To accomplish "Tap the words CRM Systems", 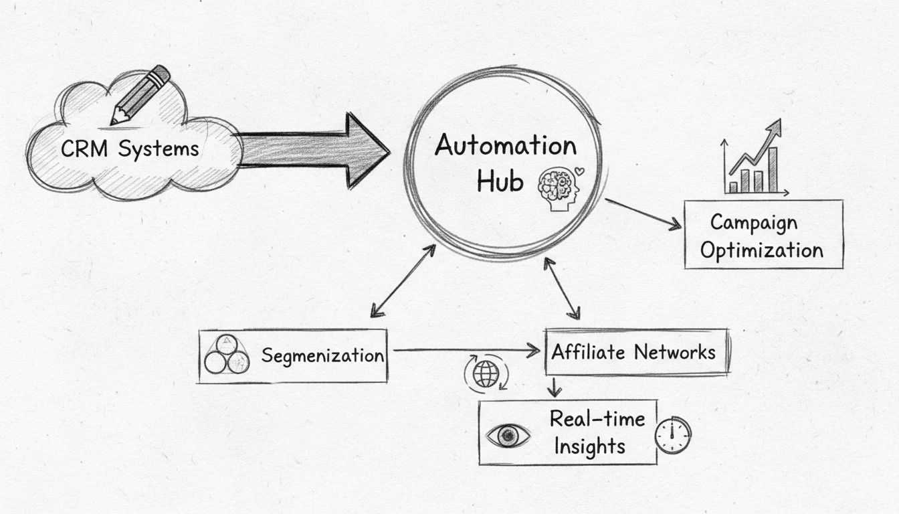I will tap(130, 149).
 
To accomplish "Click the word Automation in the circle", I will tap(505, 146).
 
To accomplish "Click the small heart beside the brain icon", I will tap(579, 171).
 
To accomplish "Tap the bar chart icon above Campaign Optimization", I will tap(755, 161).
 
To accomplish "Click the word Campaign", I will tap(753, 222).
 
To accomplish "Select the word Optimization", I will tap(762, 251).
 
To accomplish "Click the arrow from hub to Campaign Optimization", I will tap(642, 214).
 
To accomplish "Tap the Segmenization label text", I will tap(322, 355).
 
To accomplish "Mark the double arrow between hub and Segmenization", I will tap(403, 280).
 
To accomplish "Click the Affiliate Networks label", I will tap(633, 352).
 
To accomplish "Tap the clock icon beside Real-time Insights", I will tap(672, 436).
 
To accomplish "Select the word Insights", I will tap(589, 446).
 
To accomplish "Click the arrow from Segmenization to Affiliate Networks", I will tap(466, 349).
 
